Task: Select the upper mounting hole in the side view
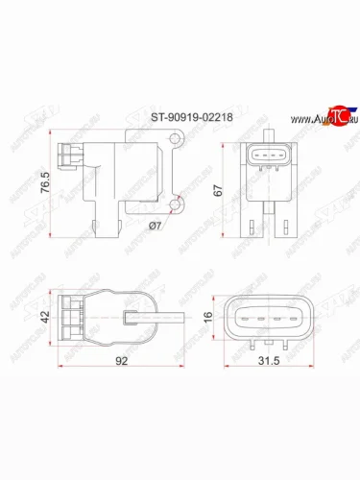176,141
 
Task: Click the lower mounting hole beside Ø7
177,203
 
